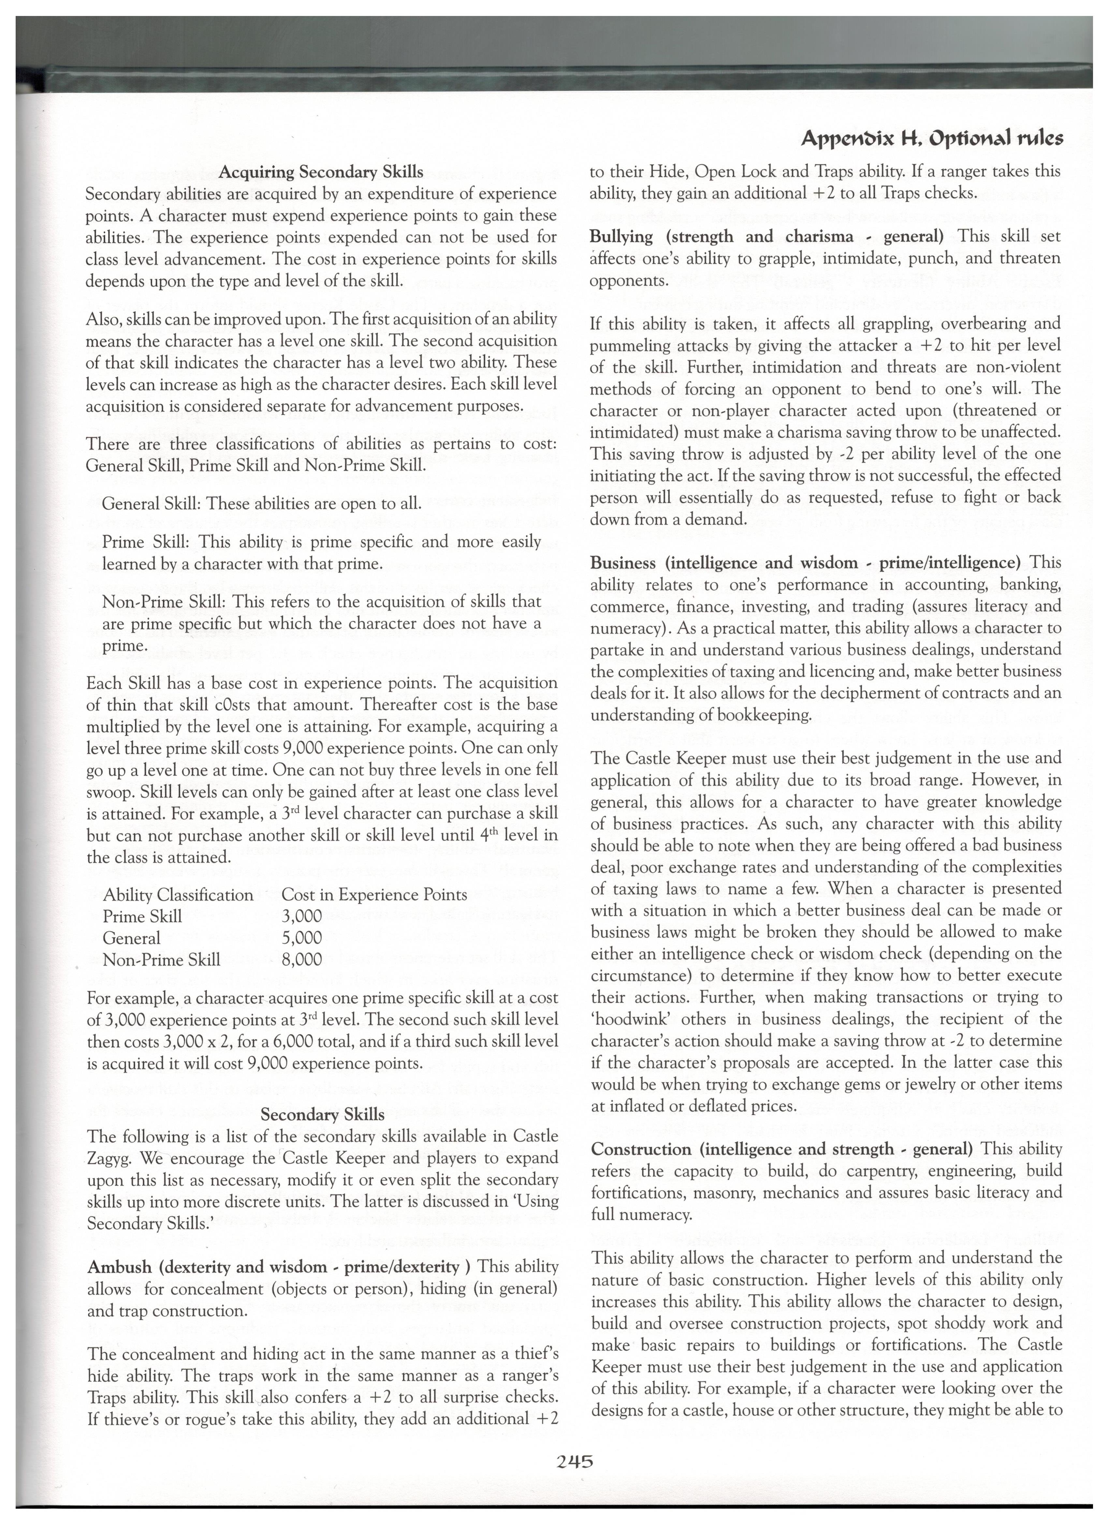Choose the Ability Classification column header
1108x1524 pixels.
point(178,894)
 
